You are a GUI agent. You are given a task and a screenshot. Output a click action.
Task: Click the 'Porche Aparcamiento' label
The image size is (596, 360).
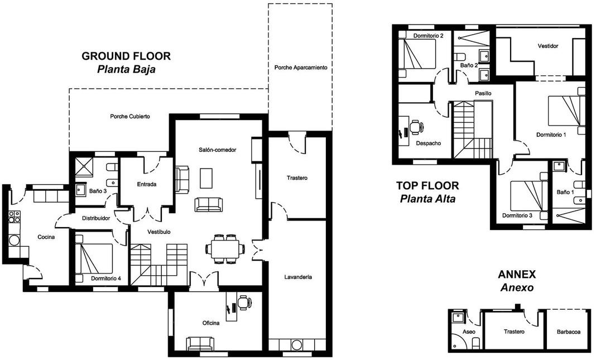tap(301, 68)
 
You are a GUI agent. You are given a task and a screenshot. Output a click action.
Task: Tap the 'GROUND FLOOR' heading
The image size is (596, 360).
tap(126, 56)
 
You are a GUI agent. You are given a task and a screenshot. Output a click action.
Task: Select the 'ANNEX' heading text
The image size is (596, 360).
tap(517, 274)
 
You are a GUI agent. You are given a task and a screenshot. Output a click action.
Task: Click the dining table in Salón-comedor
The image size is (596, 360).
tap(226, 249)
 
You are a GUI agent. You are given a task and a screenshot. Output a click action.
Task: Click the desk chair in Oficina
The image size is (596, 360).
tap(244, 303)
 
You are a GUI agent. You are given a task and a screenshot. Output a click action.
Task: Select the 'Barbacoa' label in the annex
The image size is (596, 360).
tap(569, 332)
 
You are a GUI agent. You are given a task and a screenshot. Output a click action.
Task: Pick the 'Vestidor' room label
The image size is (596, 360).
tap(547, 46)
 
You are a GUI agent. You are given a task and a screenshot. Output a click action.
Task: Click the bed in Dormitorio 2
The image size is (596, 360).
tap(417, 54)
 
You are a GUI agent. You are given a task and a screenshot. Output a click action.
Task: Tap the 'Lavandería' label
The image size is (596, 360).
tap(298, 277)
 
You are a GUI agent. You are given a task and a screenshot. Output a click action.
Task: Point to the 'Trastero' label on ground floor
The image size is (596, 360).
tap(297, 178)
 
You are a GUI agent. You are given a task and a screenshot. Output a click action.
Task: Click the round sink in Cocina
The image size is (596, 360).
tap(15, 241)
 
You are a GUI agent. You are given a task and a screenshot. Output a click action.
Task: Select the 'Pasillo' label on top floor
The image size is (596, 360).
tap(483, 93)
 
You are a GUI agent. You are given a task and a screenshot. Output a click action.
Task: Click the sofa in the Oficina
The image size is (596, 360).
tap(200, 344)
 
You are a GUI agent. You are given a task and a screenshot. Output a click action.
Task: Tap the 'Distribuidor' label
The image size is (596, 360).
tap(96, 218)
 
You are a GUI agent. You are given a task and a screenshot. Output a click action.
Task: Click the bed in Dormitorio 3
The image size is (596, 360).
tap(528, 196)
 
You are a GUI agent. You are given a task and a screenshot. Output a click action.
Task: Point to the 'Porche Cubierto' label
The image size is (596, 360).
tap(130, 116)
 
